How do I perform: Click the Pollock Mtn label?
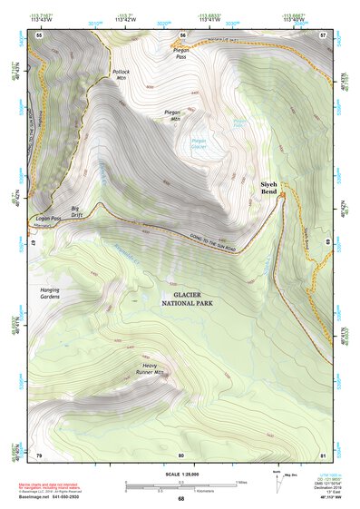pos(121,74)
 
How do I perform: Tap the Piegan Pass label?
pos(181,54)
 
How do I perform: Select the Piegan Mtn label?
pos(173,115)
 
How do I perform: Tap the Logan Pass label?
pos(49,219)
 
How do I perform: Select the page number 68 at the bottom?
pos(180,499)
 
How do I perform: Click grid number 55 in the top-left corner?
pos(40,34)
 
